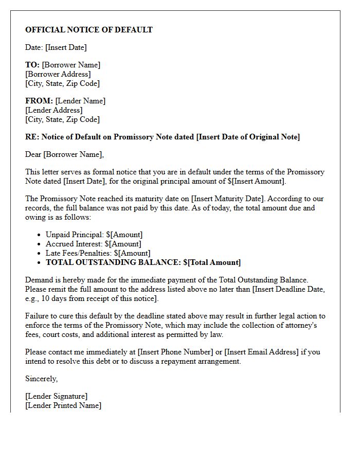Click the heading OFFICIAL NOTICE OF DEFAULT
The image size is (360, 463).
89,30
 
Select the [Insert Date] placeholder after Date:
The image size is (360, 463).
66,47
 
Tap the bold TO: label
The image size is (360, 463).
32,65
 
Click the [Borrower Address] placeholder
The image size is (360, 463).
58,74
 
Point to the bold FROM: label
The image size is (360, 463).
39,101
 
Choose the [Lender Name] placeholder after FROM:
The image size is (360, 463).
80,101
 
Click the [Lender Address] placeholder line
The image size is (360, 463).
54,110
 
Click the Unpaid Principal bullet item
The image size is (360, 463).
94,235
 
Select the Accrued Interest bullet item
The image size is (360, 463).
93,244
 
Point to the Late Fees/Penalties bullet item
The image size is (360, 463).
98,253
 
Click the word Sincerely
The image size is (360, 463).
41,379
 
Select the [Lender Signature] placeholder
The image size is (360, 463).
57,396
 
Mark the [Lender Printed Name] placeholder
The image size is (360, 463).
63,405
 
